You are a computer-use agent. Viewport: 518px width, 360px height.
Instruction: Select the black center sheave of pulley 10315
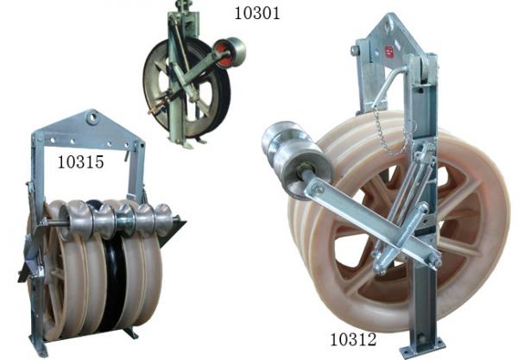click(111, 276)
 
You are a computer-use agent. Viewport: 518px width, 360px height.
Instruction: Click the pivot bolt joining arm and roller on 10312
click(316, 189)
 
